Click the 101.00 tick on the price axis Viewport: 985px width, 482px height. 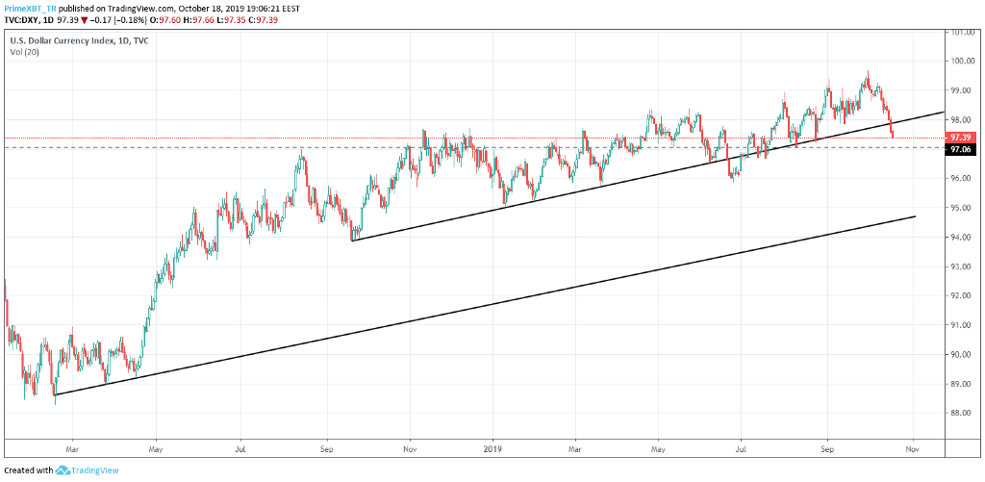click(960, 32)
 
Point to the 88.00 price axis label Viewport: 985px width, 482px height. click(959, 414)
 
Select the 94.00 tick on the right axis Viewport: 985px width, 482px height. click(959, 238)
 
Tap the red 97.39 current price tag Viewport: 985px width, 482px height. click(960, 139)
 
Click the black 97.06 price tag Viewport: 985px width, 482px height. click(960, 150)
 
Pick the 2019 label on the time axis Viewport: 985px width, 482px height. click(493, 447)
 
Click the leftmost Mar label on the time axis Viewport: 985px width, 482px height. click(72, 447)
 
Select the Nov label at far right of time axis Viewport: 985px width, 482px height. click(912, 447)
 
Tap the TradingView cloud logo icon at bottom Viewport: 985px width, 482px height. click(64, 470)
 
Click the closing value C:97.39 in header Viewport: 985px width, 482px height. click(252, 19)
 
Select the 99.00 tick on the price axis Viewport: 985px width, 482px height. click(959, 90)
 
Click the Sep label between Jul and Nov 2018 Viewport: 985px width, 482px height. click(326, 447)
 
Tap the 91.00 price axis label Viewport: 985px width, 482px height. click(959, 325)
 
